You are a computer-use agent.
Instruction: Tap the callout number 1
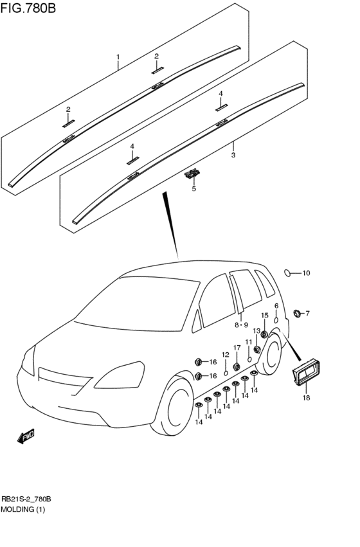[x=118, y=57]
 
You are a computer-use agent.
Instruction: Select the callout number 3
[x=233, y=155]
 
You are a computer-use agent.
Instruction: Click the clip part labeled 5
[x=193, y=173]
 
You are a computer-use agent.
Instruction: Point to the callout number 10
[x=306, y=273]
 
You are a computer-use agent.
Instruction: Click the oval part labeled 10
[x=287, y=273]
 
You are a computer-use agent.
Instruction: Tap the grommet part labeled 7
[x=298, y=313]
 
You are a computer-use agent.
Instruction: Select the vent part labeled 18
[x=307, y=372]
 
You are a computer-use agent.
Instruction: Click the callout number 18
[x=306, y=397]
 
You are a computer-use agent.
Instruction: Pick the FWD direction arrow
[x=26, y=436]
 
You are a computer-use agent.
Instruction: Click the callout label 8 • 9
[x=241, y=325]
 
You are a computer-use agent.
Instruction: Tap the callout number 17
[x=237, y=348]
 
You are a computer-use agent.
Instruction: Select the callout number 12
[x=226, y=355]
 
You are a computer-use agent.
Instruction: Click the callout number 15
[x=265, y=316]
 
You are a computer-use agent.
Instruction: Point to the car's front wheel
[x=173, y=406]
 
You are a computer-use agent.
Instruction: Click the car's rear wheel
[x=270, y=353]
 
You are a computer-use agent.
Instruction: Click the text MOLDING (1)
[x=23, y=509]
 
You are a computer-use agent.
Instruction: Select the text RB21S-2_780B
[x=26, y=499]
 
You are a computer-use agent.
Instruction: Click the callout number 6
[x=276, y=306]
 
